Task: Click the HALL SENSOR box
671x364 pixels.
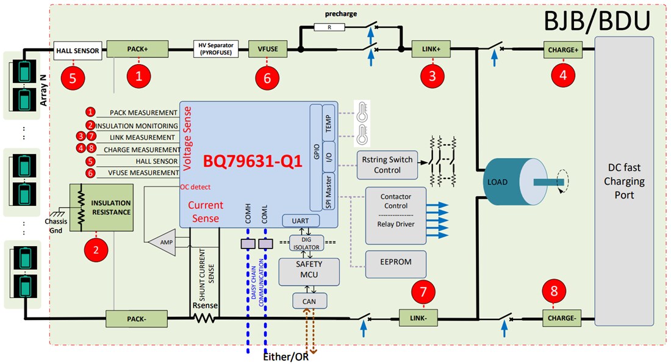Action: [x=77, y=50]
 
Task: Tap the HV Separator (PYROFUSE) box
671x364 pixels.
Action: [x=217, y=49]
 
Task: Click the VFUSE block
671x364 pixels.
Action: [x=267, y=49]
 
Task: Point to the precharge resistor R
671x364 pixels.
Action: [x=329, y=27]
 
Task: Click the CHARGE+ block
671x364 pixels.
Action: [x=563, y=49]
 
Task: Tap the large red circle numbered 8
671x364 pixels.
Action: [x=554, y=291]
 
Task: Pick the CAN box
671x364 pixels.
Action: [x=309, y=300]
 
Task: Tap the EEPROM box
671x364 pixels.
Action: [x=396, y=261]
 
